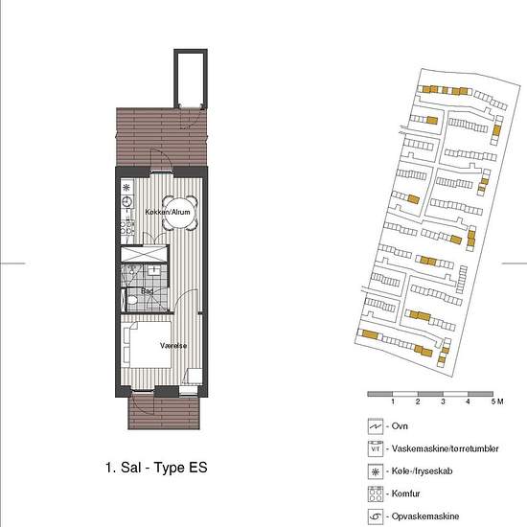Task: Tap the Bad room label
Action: [147, 291]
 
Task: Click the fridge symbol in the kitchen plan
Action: [126, 186]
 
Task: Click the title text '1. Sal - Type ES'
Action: [156, 469]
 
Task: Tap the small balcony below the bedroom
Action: [166, 413]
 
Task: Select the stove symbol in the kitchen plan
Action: [126, 228]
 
